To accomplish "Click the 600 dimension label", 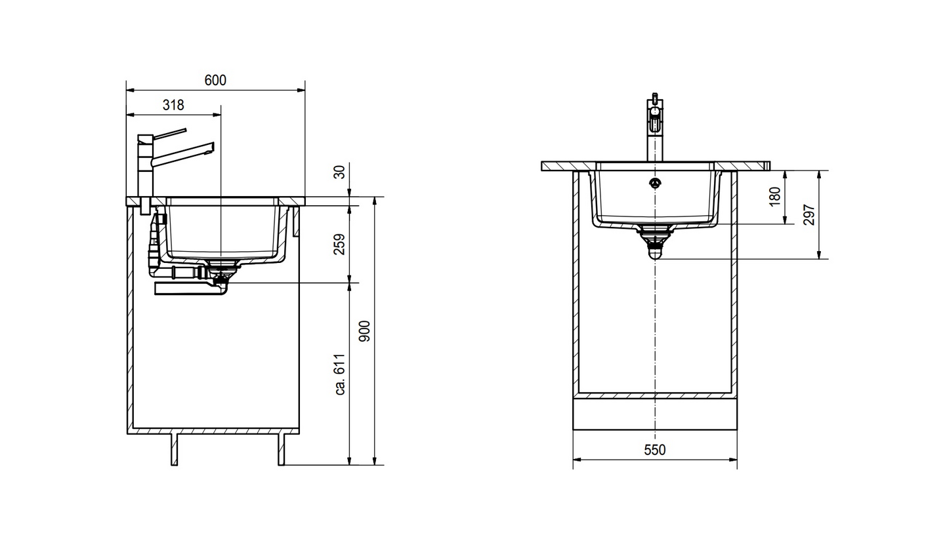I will coord(215,80).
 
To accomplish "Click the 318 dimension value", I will coord(173,105).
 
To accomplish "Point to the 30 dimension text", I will coord(339,172).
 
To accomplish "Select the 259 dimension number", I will coord(339,245).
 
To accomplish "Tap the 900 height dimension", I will coord(365,331).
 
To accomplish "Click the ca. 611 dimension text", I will coord(340,374).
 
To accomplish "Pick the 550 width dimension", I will coord(654,450).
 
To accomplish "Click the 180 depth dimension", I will coord(775,196).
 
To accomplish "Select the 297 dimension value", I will coord(809,214).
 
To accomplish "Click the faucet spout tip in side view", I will coord(210,149).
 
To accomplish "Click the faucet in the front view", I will coord(654,128).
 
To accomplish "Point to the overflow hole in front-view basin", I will coord(655,183).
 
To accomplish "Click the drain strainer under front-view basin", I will coord(655,230).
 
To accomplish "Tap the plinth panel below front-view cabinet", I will coord(654,414).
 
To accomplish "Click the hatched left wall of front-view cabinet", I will coord(576,282).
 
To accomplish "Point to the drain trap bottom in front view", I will coord(655,253).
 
